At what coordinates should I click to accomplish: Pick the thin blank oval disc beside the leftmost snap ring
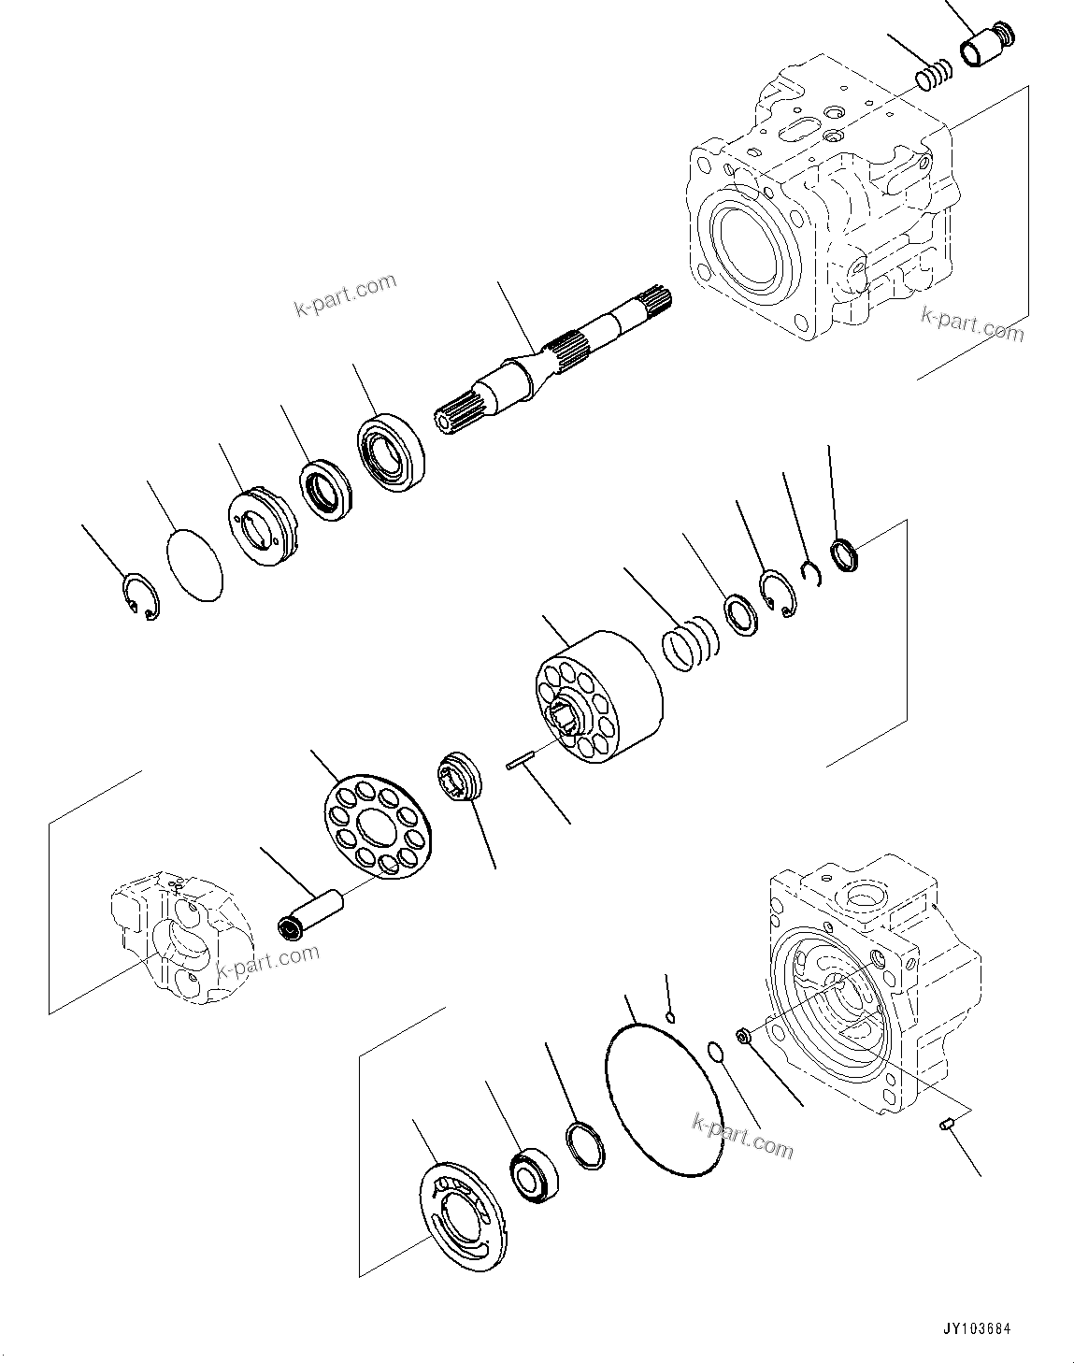194,565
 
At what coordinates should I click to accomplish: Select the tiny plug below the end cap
945,1126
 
